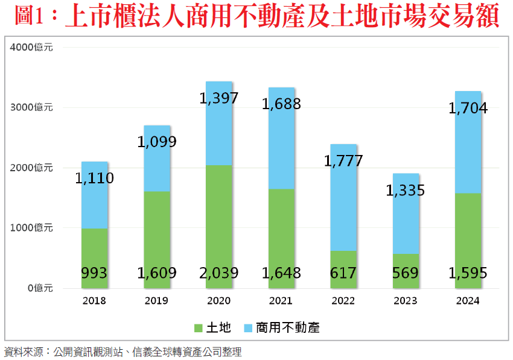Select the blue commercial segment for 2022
[x=343, y=199]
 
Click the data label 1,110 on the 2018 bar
[x=95, y=178]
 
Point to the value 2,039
[x=218, y=273]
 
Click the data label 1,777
[x=343, y=161]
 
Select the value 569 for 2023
[x=406, y=273]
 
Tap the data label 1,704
[x=468, y=109]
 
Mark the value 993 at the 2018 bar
[x=94, y=273]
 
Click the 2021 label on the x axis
[x=281, y=300]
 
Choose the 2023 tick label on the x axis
[x=406, y=300]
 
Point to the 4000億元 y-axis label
[x=32, y=48]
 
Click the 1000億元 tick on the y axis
[x=32, y=228]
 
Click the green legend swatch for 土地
[x=198, y=327]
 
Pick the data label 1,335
[x=406, y=191]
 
